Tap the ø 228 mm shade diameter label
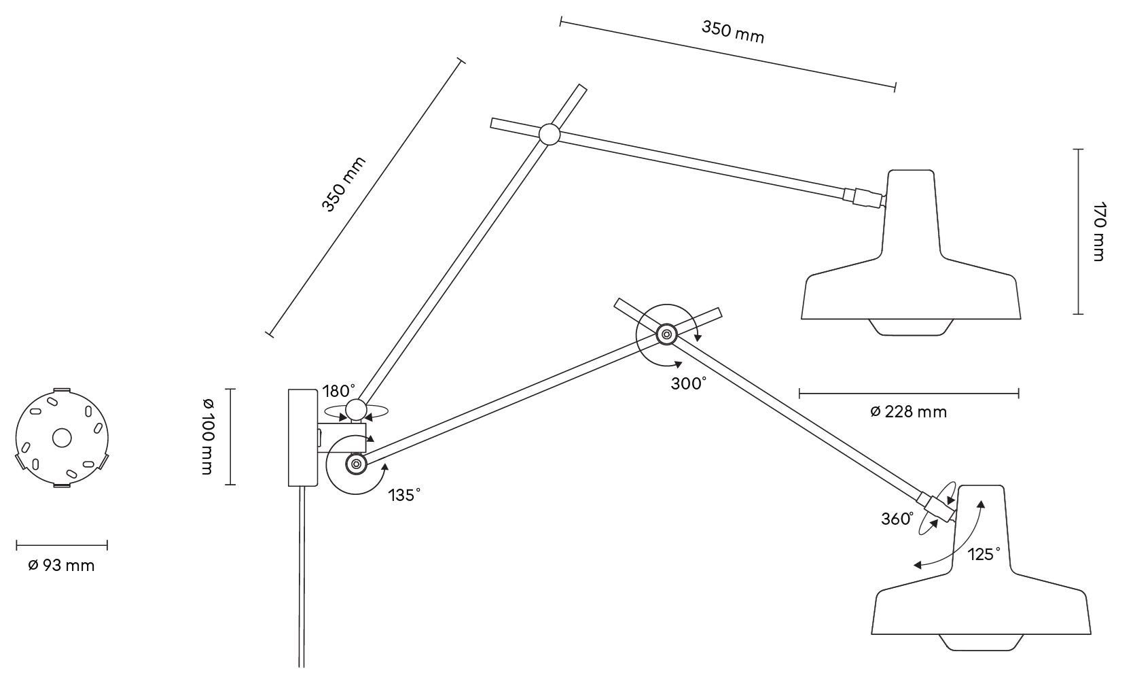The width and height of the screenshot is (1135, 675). [908, 411]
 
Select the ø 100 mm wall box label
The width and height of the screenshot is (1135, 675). [208, 436]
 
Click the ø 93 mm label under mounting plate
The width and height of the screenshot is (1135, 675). [61, 565]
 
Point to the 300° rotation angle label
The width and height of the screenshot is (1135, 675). [689, 383]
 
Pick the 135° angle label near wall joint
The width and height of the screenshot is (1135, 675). [404, 495]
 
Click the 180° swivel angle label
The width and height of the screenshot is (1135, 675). [339, 391]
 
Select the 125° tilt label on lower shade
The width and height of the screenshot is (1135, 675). [984, 554]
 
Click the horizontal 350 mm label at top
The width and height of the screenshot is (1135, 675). [733, 31]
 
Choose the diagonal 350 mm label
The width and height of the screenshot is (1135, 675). [343, 184]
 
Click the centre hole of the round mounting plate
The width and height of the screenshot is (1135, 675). [62, 438]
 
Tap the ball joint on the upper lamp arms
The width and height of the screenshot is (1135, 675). [549, 134]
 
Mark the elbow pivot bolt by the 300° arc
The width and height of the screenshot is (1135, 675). [665, 334]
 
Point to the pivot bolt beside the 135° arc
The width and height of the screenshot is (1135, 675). [355, 464]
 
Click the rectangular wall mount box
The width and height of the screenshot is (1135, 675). [302, 437]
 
